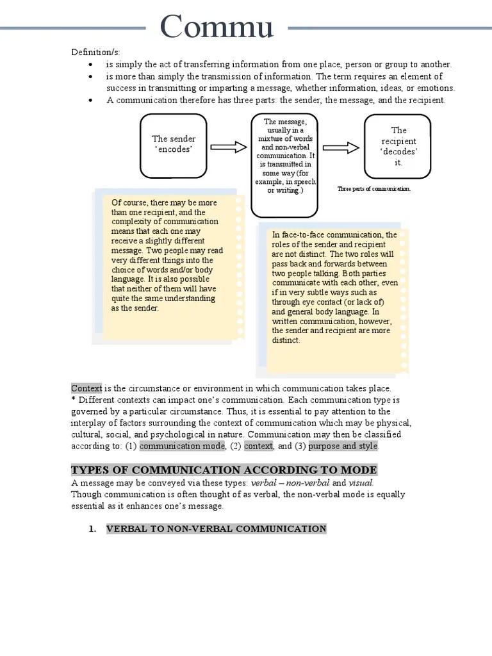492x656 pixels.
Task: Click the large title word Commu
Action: point(217,27)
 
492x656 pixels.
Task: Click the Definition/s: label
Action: point(95,52)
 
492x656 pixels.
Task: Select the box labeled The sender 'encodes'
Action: point(174,144)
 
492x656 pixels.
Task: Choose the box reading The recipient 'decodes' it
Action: point(398,146)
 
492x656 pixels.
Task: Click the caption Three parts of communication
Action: point(373,189)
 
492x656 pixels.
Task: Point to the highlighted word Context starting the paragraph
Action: point(86,388)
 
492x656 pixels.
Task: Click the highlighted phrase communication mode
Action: point(182,446)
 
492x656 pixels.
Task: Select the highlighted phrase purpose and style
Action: point(343,446)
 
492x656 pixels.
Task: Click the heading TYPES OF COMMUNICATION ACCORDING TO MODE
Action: point(224,470)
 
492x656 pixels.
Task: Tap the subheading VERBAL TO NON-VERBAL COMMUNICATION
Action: point(216,529)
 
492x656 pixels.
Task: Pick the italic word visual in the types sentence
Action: point(361,482)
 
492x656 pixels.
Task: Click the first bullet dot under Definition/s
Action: point(92,65)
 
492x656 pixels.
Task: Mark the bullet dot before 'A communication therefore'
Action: point(92,101)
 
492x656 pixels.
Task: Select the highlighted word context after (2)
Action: point(258,446)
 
